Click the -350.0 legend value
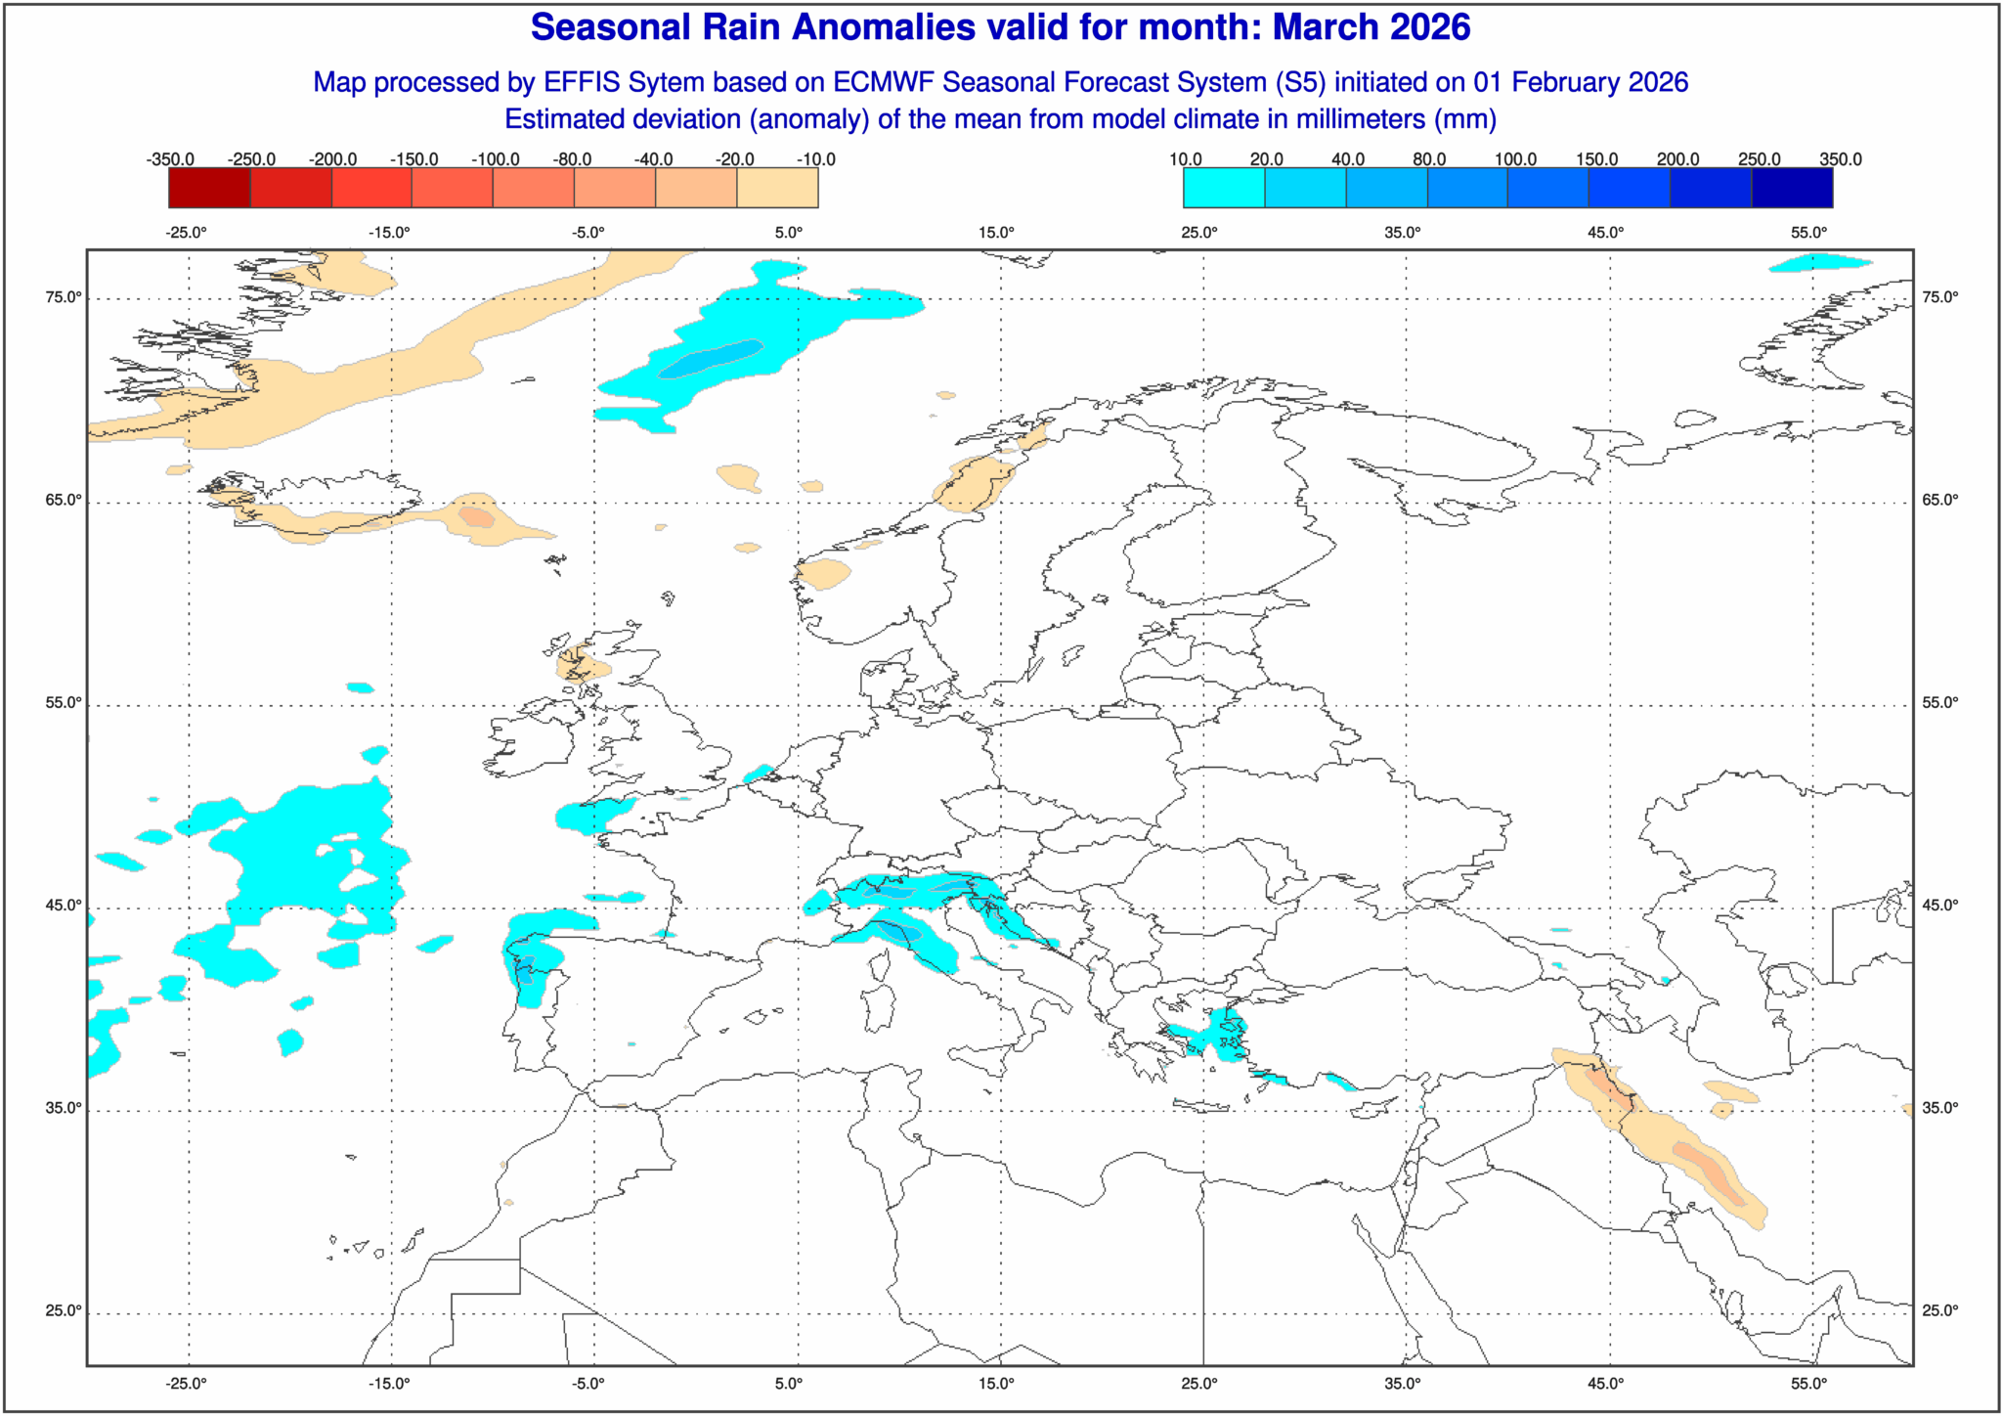pos(170,159)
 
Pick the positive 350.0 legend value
pos(1840,159)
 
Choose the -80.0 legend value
pos(572,159)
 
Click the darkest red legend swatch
pos(209,188)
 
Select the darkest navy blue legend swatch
pos(1792,188)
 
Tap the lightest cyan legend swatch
pos(1224,188)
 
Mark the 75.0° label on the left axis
pos(63,298)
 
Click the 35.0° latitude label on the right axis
pos(1940,1109)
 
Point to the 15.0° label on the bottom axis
pos(996,1384)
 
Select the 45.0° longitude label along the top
pos(1605,233)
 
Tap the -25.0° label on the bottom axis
pos(186,1384)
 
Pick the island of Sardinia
pos(880,1007)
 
